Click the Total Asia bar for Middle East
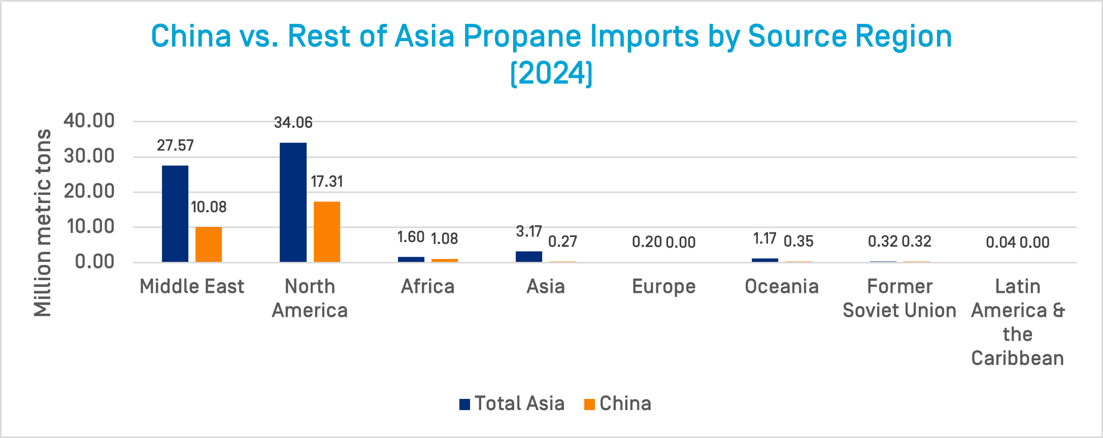[175, 214]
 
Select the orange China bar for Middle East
[209, 244]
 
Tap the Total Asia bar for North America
[293, 202]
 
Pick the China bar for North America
[327, 231]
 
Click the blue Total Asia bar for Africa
[411, 259]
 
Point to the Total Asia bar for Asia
[529, 256]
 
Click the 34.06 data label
[293, 123]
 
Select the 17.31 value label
[327, 182]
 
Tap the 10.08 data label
[209, 207]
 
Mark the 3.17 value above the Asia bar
[529, 232]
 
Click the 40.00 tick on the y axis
[89, 121]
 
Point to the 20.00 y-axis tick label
[89, 191]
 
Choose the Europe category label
[663, 287]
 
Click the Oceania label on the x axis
[782, 287]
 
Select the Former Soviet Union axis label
[899, 298]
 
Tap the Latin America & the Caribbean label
[1018, 322]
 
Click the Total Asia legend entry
[512, 403]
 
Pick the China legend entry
[618, 403]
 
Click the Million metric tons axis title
[43, 223]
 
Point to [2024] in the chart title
[551, 74]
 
